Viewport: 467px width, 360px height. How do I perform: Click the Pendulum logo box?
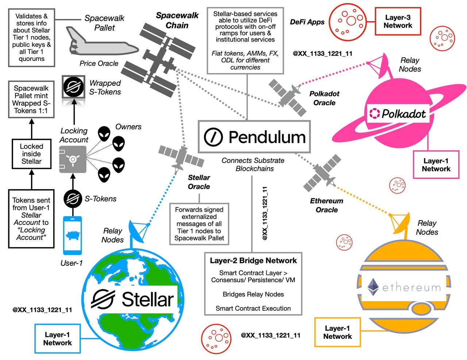(254, 137)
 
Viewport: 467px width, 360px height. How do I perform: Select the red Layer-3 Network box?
(398, 22)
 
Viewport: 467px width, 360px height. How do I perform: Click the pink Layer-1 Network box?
(436, 165)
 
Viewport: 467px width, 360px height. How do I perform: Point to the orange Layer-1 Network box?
(337, 332)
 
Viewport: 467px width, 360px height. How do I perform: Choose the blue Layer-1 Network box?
(58, 338)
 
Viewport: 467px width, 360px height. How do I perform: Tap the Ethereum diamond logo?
(373, 287)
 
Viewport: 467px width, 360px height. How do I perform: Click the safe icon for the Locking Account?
(73, 160)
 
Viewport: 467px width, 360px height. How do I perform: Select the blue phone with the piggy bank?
(73, 235)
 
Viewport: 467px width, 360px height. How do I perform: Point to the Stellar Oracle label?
(199, 182)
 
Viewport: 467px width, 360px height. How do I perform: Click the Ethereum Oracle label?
(327, 205)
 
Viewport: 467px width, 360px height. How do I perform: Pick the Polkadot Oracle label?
(324, 98)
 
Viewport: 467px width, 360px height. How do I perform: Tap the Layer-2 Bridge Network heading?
(253, 261)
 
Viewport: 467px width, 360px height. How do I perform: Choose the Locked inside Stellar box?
(31, 154)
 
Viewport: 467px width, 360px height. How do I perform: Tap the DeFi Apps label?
(307, 22)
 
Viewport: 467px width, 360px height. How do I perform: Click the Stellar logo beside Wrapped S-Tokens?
(74, 87)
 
